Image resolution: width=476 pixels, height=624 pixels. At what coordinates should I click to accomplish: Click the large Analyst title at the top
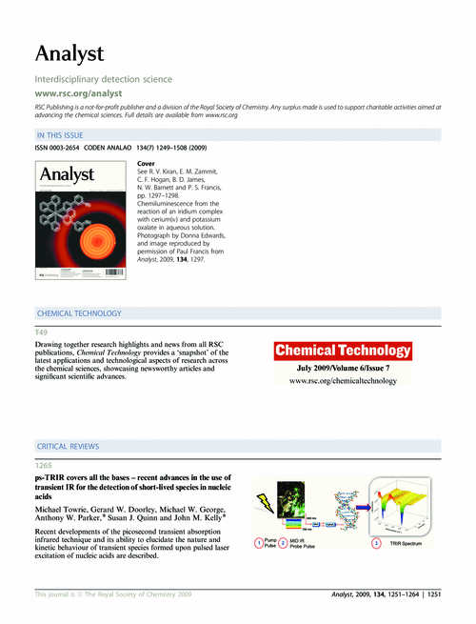[x=69, y=52]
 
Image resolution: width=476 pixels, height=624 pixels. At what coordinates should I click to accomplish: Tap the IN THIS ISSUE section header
[x=65, y=136]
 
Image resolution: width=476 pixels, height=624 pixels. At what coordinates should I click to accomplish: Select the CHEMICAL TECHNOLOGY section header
[x=78, y=312]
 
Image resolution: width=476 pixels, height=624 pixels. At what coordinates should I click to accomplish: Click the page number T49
[x=42, y=330]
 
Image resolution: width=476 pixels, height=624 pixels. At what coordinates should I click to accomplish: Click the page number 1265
[x=44, y=463]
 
